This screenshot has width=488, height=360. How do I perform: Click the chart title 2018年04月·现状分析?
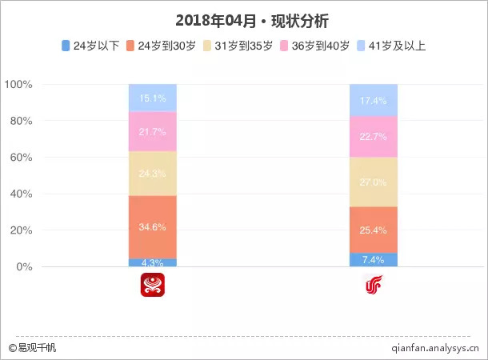pos(244,21)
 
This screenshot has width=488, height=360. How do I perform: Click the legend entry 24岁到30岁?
pos(166,46)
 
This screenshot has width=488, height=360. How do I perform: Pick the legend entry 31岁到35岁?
pos(242,46)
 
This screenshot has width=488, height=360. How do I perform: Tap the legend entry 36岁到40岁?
pos(319,46)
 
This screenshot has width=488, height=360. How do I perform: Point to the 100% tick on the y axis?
pos(18,84)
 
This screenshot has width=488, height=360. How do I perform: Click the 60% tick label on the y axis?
pos(18,158)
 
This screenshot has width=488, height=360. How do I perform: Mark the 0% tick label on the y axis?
pos(22,267)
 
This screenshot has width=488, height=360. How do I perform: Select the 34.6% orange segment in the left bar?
pos(153,226)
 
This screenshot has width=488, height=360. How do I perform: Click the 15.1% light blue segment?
pos(153,98)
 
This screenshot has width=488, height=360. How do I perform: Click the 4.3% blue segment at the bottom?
pos(153,262)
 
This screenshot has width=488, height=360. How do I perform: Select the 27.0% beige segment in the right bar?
pos(374,182)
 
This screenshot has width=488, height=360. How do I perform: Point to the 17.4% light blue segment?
pos(374,100)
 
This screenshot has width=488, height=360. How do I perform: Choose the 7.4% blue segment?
pos(374,260)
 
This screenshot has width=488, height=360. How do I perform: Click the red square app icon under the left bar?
pos(153,285)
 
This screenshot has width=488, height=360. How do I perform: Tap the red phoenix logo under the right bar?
pos(374,285)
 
